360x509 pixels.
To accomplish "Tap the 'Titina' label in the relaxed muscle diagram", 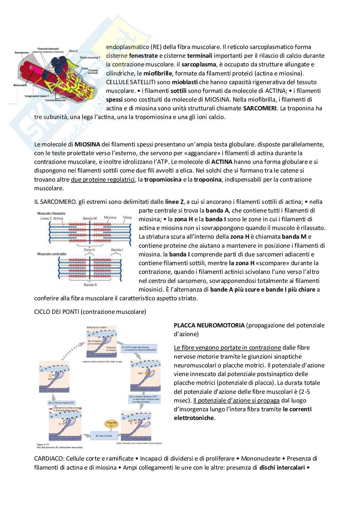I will [127, 218].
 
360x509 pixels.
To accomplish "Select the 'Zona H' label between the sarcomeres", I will [89, 250].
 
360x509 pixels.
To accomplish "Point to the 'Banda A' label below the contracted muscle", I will [89, 285].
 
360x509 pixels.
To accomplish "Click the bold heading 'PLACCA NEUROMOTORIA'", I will [209, 325].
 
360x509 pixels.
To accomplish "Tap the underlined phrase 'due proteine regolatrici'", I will [102, 179].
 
